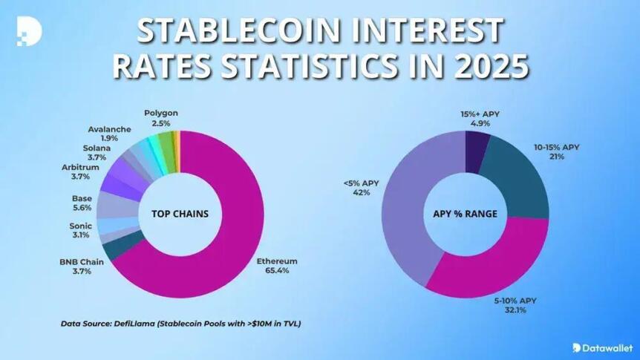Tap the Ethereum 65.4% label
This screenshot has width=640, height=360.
278,266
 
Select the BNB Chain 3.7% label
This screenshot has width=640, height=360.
81,266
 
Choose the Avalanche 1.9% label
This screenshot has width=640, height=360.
109,134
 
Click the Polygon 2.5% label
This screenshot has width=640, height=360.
160,117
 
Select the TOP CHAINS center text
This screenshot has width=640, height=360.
180,215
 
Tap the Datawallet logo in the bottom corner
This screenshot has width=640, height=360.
601,347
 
